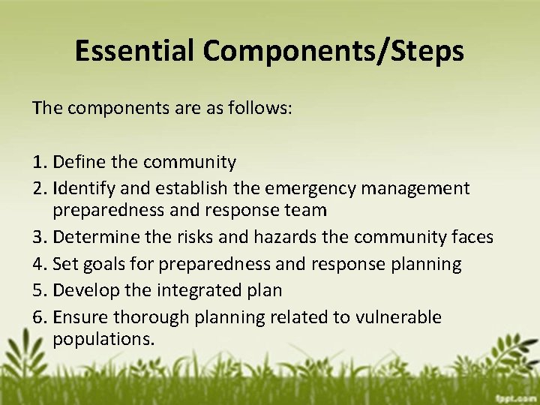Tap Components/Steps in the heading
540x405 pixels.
(x=332, y=51)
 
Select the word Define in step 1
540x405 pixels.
(x=78, y=162)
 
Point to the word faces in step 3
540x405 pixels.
(x=470, y=237)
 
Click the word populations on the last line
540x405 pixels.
(x=103, y=339)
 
